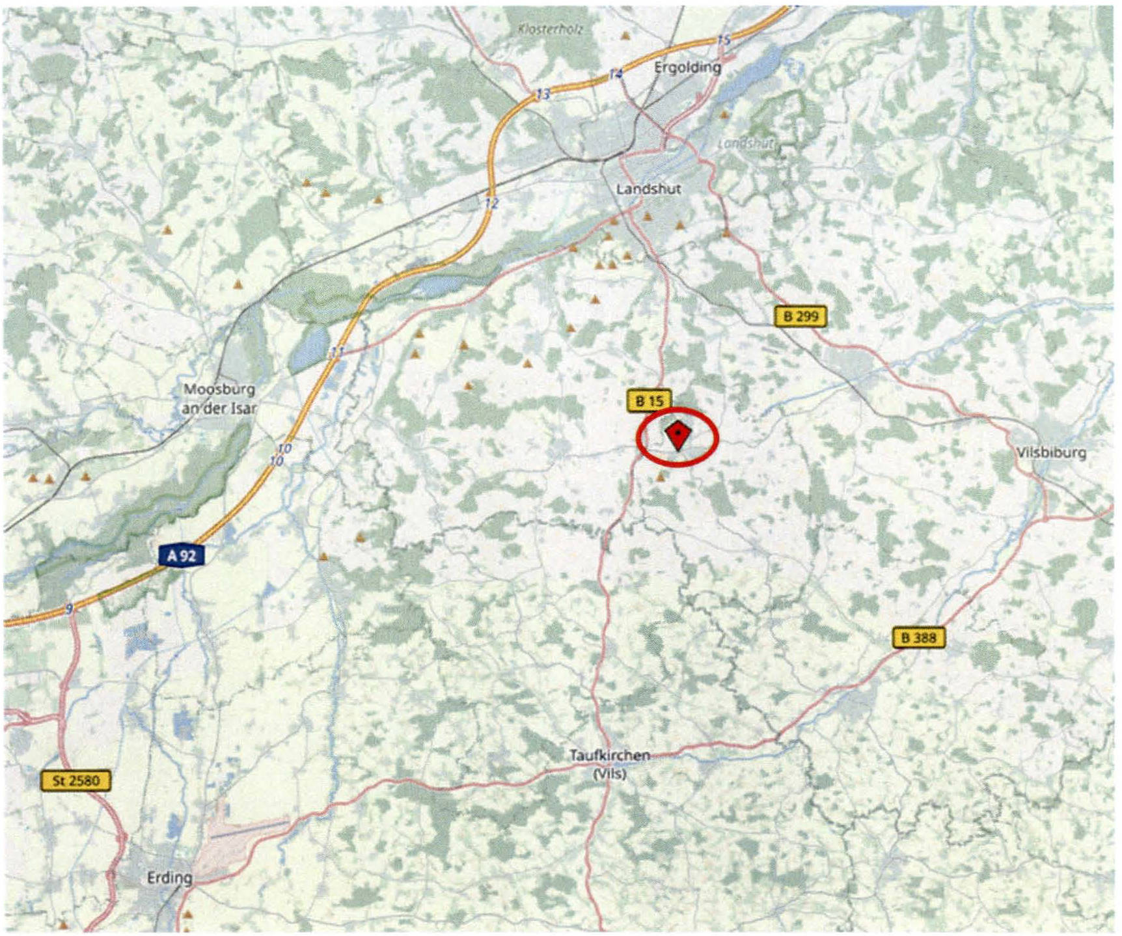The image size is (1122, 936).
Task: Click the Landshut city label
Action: coord(648,189)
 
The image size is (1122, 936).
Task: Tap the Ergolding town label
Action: coord(687,67)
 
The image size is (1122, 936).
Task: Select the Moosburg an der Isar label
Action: coord(219,398)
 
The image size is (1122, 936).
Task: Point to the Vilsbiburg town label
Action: coord(1051,452)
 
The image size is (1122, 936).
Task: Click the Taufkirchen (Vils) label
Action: coord(610,764)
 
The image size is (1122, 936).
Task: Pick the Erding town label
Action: coord(169,877)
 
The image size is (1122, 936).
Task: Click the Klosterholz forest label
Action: coord(551,29)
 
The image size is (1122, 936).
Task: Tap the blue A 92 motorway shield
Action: coord(182,555)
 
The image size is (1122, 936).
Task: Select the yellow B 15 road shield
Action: coord(649,401)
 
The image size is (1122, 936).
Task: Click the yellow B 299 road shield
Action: coord(800,316)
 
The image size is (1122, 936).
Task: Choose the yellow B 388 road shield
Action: coord(918,637)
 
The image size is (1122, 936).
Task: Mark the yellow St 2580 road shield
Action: coord(76,780)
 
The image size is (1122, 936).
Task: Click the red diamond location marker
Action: coord(677,435)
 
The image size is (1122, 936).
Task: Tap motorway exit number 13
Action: coord(543,95)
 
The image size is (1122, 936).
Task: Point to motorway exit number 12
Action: coord(491,203)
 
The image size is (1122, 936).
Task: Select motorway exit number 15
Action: coord(723,40)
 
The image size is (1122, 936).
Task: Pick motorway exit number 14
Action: coord(616,74)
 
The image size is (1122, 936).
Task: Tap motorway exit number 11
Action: coord(336,353)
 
